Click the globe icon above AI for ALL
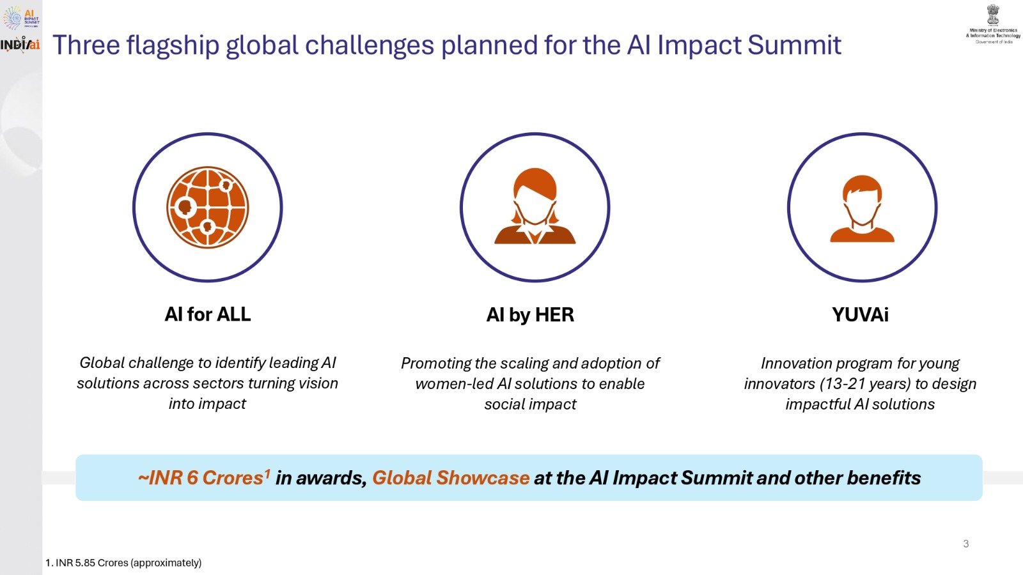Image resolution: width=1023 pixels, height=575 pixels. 207,207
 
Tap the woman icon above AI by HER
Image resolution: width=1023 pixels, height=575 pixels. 535,207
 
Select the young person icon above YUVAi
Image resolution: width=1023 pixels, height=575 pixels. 862,208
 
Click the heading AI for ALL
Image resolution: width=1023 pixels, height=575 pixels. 207,314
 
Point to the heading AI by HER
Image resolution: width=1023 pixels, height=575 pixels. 530,315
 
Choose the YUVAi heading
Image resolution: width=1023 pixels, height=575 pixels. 860,315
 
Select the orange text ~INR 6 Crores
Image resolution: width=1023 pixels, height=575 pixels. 201,478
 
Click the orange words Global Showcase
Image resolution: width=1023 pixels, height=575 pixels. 450,478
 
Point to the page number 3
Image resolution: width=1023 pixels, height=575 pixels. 965,544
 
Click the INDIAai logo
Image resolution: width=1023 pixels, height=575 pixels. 20,45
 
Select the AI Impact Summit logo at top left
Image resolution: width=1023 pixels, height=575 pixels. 21,17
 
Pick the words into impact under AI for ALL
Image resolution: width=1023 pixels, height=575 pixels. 207,404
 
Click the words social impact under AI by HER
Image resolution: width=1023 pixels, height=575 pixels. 530,404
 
